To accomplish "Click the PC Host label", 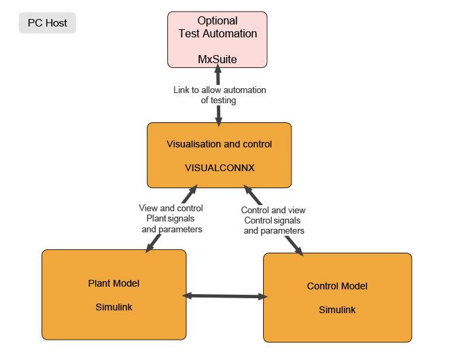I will tap(48, 23).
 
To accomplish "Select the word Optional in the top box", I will tap(218, 21).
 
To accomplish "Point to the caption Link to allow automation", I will tap(218, 90).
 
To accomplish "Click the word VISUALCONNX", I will tap(220, 168).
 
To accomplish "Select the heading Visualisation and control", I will tap(220, 145).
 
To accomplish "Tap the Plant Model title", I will tap(114, 283).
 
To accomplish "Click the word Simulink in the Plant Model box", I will tap(114, 306).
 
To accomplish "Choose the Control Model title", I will tap(337, 286).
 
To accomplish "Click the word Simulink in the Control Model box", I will tap(337, 310).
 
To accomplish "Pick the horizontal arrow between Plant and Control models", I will tap(225, 296).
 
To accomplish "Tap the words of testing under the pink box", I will tap(218, 101).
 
